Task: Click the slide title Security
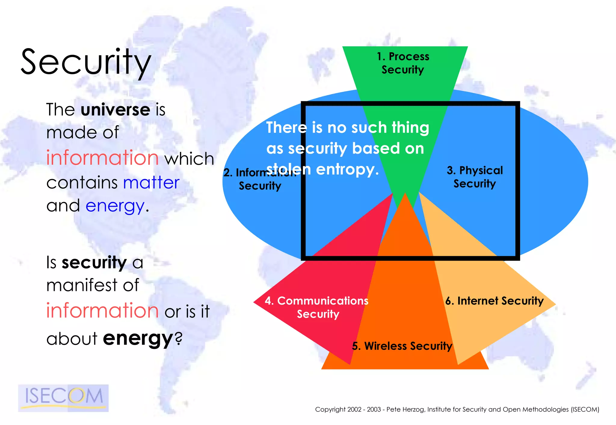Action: pyautogui.click(x=86, y=63)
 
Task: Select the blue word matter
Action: pyautogui.click(x=151, y=182)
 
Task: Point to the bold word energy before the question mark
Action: pyautogui.click(x=138, y=338)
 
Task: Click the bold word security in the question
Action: pyautogui.click(x=94, y=262)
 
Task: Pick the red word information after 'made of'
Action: pyautogui.click(x=103, y=158)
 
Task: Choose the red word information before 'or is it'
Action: pyautogui.click(x=103, y=310)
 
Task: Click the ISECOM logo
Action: pyautogui.click(x=63, y=397)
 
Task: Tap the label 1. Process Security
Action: pyautogui.click(x=403, y=63)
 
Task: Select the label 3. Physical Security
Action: pyautogui.click(x=475, y=177)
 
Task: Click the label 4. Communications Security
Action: pyautogui.click(x=317, y=307)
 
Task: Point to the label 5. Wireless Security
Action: pyautogui.click(x=402, y=346)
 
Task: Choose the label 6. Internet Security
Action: pyautogui.click(x=494, y=301)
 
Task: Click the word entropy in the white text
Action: pyautogui.click(x=347, y=170)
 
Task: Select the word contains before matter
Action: pyautogui.click(x=82, y=183)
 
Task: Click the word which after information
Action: pyautogui.click(x=189, y=158)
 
